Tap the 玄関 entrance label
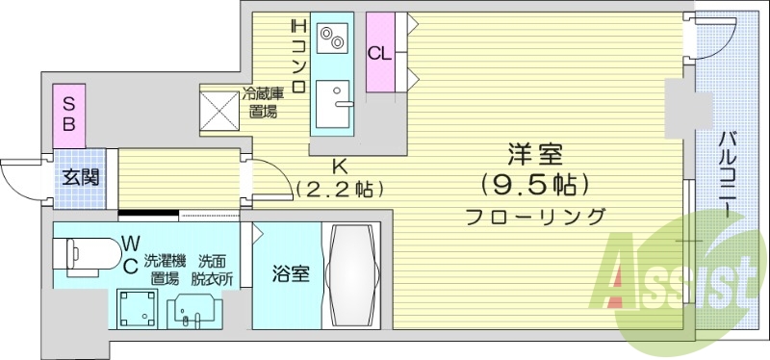point(76,178)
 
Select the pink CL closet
point(379,53)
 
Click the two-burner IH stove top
point(333,38)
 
